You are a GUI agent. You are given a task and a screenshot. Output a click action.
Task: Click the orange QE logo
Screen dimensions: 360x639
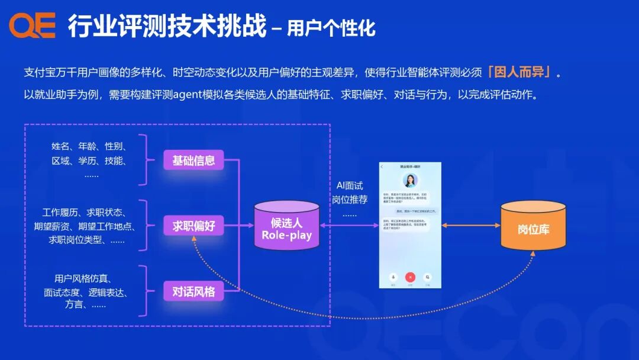tap(32, 25)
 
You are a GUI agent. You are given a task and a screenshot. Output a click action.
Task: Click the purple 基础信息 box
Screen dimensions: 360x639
tap(193, 160)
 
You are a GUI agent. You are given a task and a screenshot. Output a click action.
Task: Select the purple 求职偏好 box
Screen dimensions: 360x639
tap(193, 226)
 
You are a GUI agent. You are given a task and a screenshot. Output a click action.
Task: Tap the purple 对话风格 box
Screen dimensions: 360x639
tap(193, 291)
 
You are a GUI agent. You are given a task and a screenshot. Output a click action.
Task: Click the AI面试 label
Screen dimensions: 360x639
tap(350, 186)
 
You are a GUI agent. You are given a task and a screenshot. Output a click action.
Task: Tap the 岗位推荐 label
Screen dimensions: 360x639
tap(350, 200)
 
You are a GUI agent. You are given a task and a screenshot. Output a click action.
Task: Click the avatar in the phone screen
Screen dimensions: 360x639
tap(410, 181)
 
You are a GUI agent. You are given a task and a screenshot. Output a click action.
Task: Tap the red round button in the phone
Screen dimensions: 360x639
tap(410, 277)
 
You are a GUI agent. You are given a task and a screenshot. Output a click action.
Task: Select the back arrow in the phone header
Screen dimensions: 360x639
tap(382, 166)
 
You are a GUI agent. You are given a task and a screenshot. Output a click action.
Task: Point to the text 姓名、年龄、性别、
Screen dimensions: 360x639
tap(90, 146)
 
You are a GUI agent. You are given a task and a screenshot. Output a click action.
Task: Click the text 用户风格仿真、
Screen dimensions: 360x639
tap(86, 279)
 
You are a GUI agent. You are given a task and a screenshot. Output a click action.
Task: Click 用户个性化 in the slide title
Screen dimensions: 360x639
tap(331, 28)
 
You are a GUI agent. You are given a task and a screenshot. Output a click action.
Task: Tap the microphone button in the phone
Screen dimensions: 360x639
tap(392, 277)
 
